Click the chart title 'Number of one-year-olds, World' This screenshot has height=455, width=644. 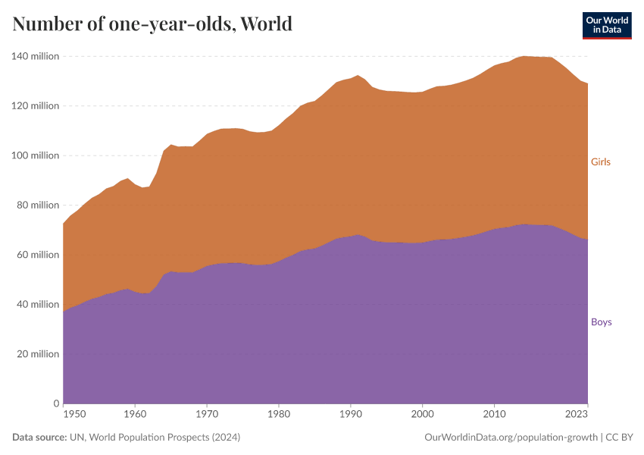pyautogui.click(x=152, y=24)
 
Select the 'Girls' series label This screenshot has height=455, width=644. pyautogui.click(x=600, y=162)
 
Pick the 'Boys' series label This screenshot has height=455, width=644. pyautogui.click(x=601, y=322)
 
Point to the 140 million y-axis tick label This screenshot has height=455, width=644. pyautogui.click(x=35, y=56)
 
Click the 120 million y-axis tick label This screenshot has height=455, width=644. pyautogui.click(x=35, y=106)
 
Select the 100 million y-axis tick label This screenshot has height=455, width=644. pyautogui.click(x=35, y=155)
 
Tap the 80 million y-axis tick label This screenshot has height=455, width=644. pyautogui.click(x=37, y=205)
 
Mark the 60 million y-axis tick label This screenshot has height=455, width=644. pyautogui.click(x=37, y=255)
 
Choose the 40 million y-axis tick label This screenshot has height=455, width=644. pyautogui.click(x=37, y=304)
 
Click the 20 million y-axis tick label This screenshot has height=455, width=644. pyautogui.click(x=37, y=354)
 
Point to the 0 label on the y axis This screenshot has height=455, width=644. pyautogui.click(x=55, y=403)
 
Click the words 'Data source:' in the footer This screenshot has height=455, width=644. pyautogui.click(x=40, y=438)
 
